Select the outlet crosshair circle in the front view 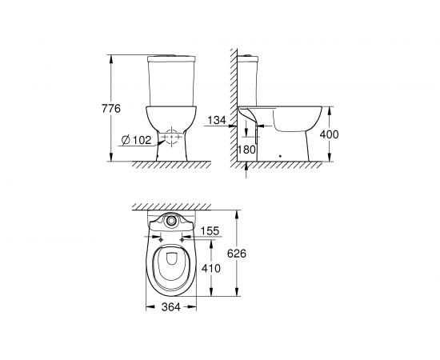click(169, 138)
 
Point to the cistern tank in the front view click(169, 84)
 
